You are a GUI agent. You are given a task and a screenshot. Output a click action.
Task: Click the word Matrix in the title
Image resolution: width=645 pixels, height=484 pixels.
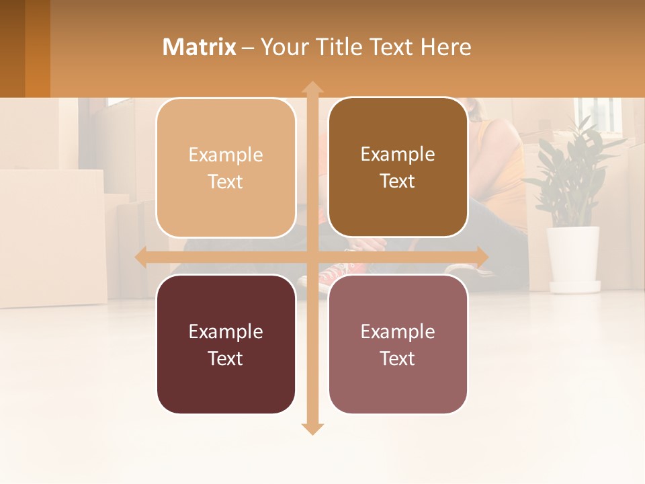point(200,47)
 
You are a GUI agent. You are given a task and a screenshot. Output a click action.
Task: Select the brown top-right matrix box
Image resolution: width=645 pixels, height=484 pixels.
point(398,208)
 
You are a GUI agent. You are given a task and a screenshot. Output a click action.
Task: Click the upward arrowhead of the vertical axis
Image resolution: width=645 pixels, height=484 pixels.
point(312,87)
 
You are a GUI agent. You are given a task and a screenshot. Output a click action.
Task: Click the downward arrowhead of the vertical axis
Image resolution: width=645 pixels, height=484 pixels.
point(312,428)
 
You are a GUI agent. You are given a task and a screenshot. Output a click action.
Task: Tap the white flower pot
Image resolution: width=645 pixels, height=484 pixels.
point(573,259)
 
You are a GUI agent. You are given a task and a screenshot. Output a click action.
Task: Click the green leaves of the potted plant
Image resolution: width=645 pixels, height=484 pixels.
point(571,175)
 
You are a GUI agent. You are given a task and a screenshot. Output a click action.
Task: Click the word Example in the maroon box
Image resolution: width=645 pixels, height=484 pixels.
point(226,331)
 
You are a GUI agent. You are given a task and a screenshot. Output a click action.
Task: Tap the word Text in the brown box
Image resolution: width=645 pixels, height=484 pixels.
point(398,182)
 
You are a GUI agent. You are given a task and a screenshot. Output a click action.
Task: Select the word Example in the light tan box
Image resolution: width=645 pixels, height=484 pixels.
point(226,155)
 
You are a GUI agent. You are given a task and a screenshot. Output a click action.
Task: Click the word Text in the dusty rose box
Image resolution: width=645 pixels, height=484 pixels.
point(398,358)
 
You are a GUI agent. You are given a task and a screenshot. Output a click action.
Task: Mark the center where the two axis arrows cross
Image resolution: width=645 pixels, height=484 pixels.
point(312,257)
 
